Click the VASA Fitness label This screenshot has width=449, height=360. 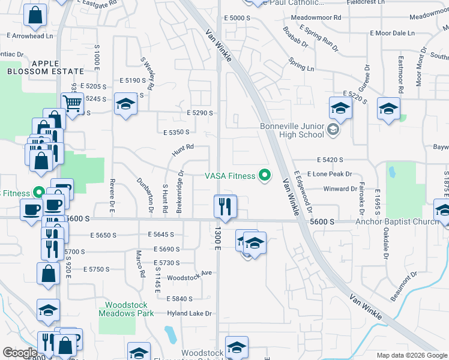(x=229, y=176)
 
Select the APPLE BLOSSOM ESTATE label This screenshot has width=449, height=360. (x=37, y=67)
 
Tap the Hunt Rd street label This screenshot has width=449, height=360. (x=183, y=150)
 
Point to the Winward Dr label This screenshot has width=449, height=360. (x=340, y=189)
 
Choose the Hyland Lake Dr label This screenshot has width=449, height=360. (x=190, y=313)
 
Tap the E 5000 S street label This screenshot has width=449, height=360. (x=237, y=18)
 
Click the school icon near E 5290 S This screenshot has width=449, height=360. (x=125, y=106)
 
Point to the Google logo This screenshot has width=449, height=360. (x=20, y=353)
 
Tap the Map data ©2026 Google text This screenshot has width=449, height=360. (x=412, y=355)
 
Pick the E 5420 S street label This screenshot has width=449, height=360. (x=330, y=160)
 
